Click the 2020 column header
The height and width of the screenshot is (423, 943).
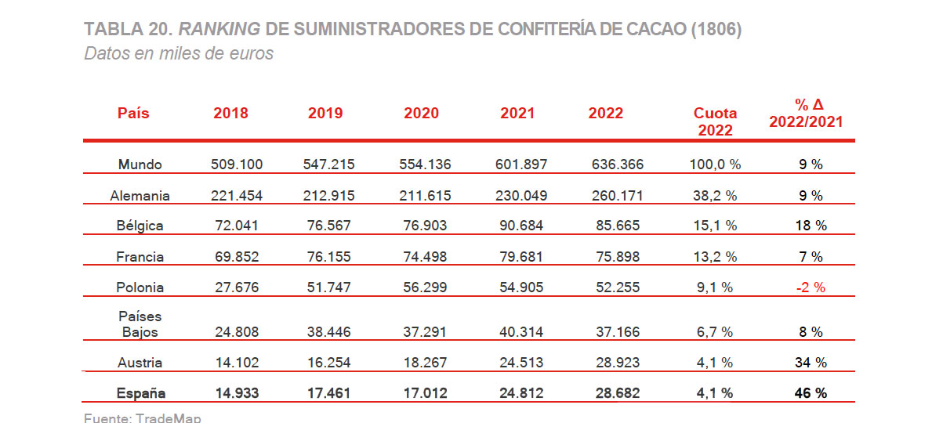(x=421, y=113)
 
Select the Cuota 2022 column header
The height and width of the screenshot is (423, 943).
(x=715, y=121)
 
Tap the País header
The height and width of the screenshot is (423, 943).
(x=133, y=113)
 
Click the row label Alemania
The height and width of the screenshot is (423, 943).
(x=140, y=195)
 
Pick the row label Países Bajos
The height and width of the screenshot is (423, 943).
(x=140, y=324)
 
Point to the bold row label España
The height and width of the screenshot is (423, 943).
(x=140, y=393)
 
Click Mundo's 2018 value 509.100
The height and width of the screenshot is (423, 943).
(x=237, y=164)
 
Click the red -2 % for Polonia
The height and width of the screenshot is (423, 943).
(x=810, y=287)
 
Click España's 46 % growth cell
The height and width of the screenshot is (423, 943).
(x=810, y=393)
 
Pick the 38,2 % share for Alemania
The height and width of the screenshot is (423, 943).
(x=715, y=195)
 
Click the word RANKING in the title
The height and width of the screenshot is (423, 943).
(x=219, y=30)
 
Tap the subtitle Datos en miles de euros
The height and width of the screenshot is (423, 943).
(x=179, y=54)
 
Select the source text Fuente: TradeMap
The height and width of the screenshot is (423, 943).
(x=142, y=418)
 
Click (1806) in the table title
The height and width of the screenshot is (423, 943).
(x=715, y=30)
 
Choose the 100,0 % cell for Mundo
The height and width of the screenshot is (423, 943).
(x=715, y=164)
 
